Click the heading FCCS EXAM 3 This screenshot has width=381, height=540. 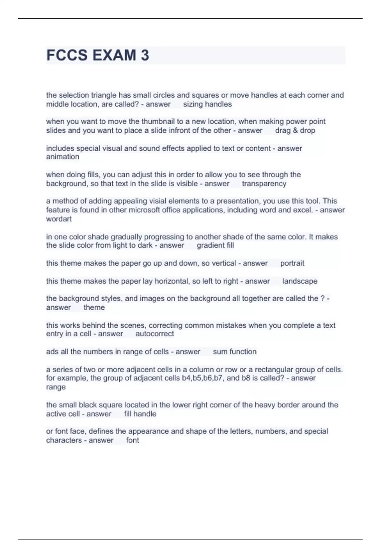tap(97, 55)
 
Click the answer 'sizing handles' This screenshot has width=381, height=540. tap(207, 104)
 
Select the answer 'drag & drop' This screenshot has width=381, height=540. tap(295, 131)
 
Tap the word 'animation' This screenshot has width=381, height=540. tap(63, 157)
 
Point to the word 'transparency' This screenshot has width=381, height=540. tap(264, 184)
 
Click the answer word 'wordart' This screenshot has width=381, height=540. tap(59, 219)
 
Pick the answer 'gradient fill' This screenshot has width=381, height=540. tap(215, 246)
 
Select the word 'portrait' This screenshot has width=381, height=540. tap(292, 263)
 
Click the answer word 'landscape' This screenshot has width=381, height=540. tap(300, 281)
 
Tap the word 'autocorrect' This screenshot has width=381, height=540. tap(155, 334)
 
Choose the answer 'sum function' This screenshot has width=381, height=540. tap(235, 352)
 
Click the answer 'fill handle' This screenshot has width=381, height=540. tap(140, 414)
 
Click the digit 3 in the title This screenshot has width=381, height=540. tap(145, 55)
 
